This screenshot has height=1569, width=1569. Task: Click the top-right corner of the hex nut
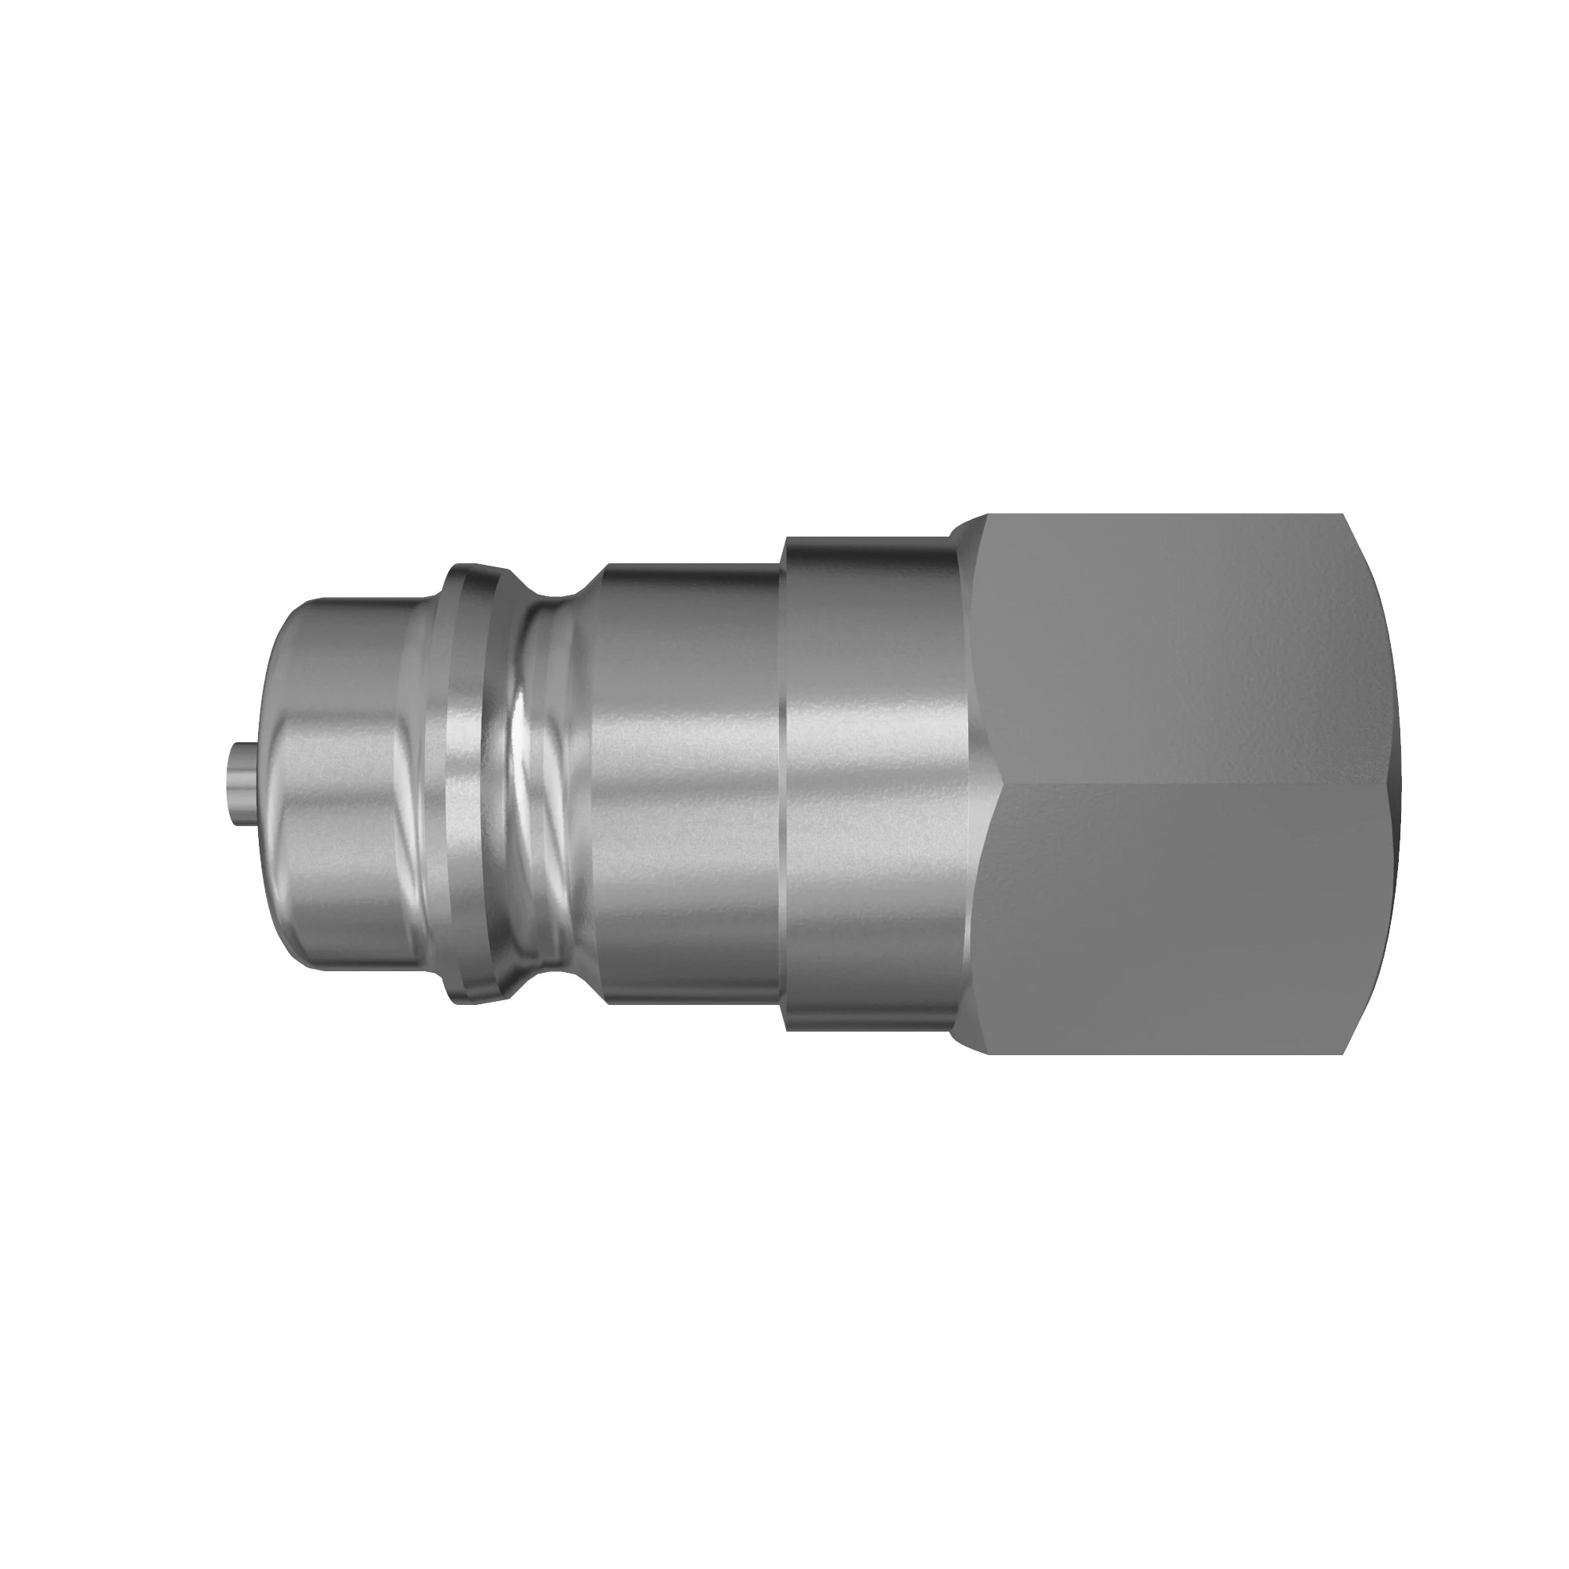[1343, 516]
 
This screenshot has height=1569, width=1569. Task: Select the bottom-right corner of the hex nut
[1343, 1054]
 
